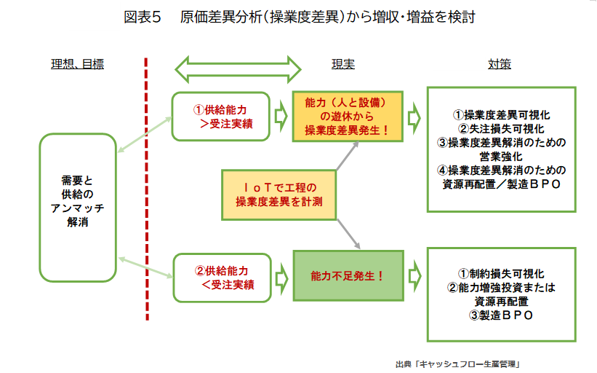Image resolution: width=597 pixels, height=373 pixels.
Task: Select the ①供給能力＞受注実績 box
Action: coord(221,116)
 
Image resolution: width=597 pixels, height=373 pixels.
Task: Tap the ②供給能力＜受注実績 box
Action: coord(221,277)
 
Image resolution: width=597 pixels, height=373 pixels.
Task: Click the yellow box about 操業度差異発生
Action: coord(347,116)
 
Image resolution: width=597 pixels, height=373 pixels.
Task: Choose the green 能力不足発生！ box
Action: coord(347,277)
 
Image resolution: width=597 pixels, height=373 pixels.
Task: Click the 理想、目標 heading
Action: coord(77,64)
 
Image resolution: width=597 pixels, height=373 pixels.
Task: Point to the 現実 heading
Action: coord(343,64)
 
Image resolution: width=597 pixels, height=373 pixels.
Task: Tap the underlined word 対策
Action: coord(500,64)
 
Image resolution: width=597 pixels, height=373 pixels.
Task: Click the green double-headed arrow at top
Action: coord(239,68)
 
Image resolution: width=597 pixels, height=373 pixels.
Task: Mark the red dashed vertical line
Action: coord(148,189)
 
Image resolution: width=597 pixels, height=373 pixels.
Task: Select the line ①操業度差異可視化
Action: coord(501,115)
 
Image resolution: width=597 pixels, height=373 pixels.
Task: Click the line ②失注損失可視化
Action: coord(501,129)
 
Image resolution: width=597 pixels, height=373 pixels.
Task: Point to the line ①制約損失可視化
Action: coord(501,274)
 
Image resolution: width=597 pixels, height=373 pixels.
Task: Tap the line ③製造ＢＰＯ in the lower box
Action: coord(501,315)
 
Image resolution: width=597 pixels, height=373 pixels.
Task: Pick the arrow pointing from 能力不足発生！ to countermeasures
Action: coord(414,277)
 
